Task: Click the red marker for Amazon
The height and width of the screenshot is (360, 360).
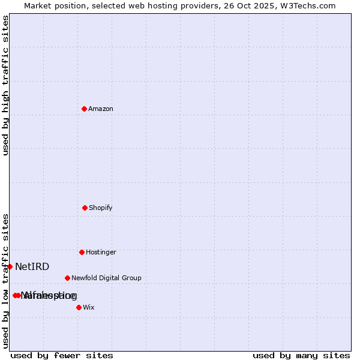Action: coord(84,109)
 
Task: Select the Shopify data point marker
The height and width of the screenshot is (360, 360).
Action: coord(85,208)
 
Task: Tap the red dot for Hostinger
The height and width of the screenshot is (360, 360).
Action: coord(82,252)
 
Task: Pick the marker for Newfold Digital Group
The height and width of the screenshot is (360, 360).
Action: coord(67,278)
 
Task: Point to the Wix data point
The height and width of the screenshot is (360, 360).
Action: coord(79,307)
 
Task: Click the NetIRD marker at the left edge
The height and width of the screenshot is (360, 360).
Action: coord(10,266)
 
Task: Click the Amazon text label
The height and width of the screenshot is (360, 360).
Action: coord(101,109)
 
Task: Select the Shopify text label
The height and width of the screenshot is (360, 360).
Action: coord(101,208)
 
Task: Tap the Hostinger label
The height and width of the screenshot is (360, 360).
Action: coord(101,253)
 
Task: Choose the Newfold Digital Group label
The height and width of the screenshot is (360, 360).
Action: coord(106,278)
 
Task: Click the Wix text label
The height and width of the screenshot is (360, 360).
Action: coord(89,308)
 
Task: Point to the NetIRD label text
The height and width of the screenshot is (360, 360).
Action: coord(32,267)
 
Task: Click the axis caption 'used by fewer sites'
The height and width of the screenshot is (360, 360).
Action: coord(62,355)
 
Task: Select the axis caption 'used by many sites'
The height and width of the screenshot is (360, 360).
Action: coord(301,355)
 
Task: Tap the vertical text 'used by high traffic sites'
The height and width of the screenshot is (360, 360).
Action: coord(5,85)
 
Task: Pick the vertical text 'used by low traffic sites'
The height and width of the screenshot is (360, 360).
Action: coord(5,281)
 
